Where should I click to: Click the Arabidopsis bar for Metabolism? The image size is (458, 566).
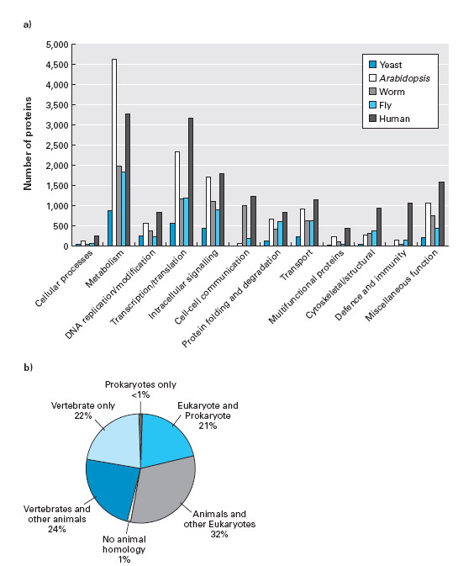tap(114, 152)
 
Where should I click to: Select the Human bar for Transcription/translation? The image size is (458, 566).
tap(191, 182)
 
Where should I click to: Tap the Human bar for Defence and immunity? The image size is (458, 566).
tap(409, 225)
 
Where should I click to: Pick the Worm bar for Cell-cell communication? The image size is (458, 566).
tap(245, 225)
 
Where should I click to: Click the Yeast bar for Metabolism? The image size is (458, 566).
tap(109, 228)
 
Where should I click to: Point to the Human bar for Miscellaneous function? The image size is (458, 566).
tap(441, 214)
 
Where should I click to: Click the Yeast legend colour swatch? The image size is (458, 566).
tap(373, 65)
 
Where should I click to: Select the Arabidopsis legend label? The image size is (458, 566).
tap(404, 78)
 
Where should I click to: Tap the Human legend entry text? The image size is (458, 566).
tap(394, 119)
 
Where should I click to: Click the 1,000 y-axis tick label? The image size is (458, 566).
tap(58, 206)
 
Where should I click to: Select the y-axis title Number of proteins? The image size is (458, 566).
tap(28, 144)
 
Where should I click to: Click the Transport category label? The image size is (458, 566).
tap(297, 265)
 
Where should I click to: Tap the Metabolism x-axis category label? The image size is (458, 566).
tap(104, 268)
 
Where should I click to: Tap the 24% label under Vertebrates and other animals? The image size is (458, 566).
tap(57, 529)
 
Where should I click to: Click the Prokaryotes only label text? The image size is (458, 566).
tap(140, 385)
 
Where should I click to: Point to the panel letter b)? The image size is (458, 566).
tap(28, 368)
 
